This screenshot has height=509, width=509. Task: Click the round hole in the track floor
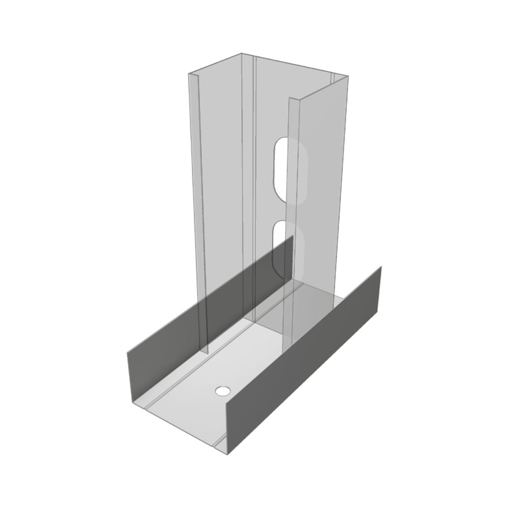(222, 391)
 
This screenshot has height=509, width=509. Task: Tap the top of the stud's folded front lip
(291, 99)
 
